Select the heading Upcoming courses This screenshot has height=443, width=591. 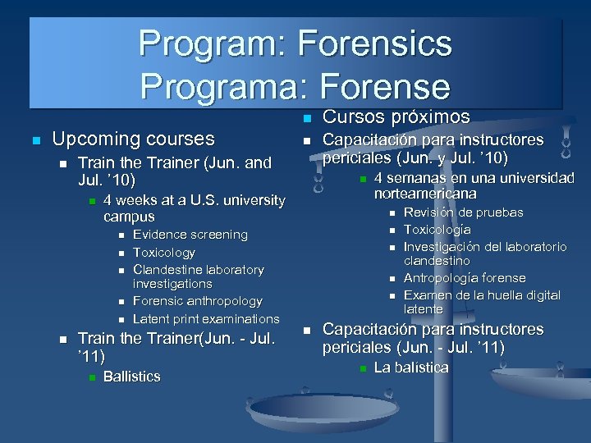133,139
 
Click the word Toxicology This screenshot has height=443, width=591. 164,253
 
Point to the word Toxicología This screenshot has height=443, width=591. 438,230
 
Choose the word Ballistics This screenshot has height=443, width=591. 132,377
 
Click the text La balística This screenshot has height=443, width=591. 411,368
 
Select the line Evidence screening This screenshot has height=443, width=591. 190,235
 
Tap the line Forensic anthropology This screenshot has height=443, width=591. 197,301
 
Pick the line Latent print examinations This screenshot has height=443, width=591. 206,318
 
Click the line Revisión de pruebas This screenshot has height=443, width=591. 463,212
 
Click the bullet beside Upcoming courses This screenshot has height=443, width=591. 34,140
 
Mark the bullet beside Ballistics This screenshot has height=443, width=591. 93,377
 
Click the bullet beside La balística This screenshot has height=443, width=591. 363,368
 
